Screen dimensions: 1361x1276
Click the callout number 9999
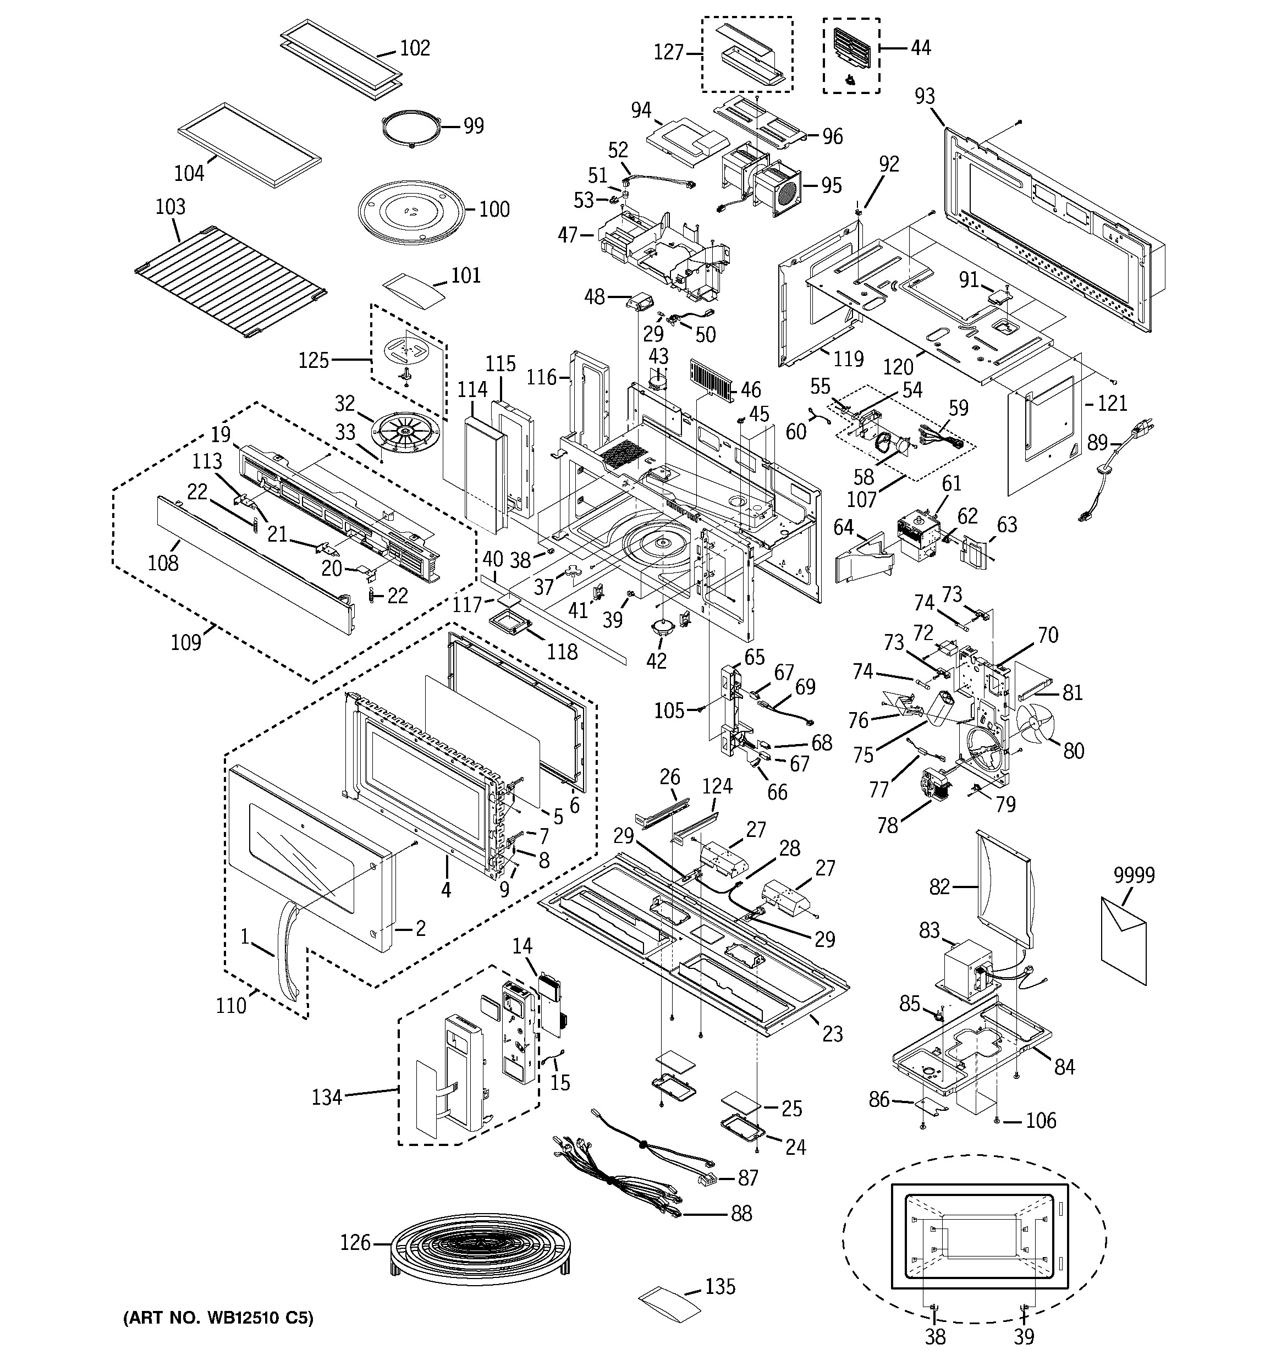coord(1134,875)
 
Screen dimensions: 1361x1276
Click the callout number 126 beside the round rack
coord(355,1242)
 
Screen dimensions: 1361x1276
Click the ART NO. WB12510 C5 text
coord(218,1318)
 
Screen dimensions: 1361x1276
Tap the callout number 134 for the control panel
coord(327,1098)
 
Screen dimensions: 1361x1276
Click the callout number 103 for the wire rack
coord(170,206)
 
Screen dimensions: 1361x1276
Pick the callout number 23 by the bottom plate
coord(832,1034)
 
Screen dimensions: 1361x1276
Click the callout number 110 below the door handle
coord(231,1006)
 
